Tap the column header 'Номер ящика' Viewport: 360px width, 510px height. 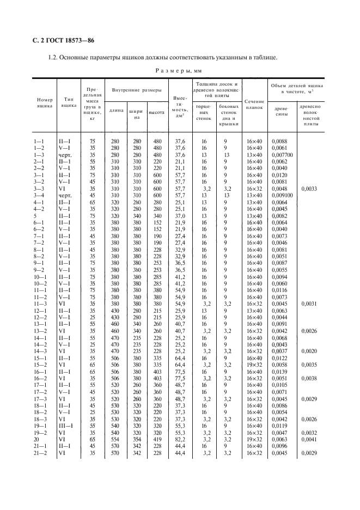tap(45, 103)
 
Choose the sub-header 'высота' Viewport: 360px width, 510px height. tap(157, 112)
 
